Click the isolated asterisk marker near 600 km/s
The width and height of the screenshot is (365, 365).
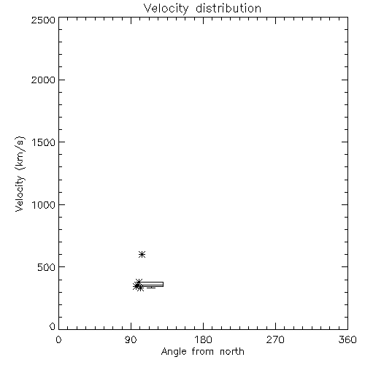pyautogui.click(x=142, y=255)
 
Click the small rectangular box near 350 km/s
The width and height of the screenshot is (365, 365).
pyautogui.click(x=151, y=284)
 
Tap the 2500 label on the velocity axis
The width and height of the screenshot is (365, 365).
pyautogui.click(x=43, y=20)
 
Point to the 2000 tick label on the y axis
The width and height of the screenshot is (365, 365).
pyautogui.click(x=43, y=80)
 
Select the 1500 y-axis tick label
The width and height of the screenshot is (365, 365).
pyautogui.click(x=44, y=142)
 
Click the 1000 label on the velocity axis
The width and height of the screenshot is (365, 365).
pyautogui.click(x=44, y=204)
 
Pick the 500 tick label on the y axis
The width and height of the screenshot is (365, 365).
pyautogui.click(x=47, y=267)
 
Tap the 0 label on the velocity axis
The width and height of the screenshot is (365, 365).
pyautogui.click(x=53, y=326)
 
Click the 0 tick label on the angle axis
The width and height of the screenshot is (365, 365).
pyautogui.click(x=58, y=339)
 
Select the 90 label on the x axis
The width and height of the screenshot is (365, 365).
pyautogui.click(x=131, y=339)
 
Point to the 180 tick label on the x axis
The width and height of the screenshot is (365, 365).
pyautogui.click(x=203, y=339)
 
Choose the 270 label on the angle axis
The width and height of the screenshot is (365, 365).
pyautogui.click(x=275, y=339)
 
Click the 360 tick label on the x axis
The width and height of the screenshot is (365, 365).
pyautogui.click(x=347, y=339)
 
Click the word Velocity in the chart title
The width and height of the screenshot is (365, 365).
pyautogui.click(x=166, y=9)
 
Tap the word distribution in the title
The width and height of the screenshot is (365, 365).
pyautogui.click(x=228, y=8)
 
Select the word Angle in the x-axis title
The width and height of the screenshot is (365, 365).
pyautogui.click(x=174, y=352)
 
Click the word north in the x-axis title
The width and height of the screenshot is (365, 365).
pyautogui.click(x=232, y=352)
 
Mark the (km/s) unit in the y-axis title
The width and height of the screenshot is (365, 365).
pyautogui.click(x=20, y=153)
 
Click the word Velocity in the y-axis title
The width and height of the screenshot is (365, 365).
pyautogui.click(x=20, y=193)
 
